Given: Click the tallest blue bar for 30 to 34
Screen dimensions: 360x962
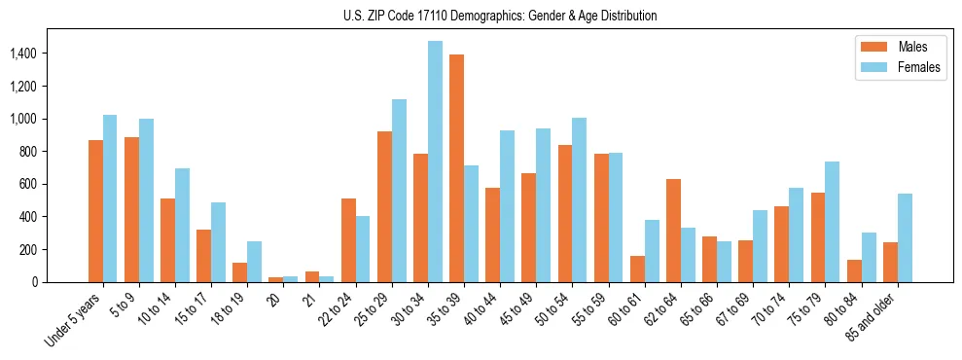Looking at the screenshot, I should pyautogui.click(x=435, y=162).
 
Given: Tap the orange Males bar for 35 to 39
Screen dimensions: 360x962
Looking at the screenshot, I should pyautogui.click(x=456, y=168).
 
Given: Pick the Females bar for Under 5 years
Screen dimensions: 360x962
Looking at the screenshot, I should pyautogui.click(x=110, y=198).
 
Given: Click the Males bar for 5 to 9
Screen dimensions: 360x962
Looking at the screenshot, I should pyautogui.click(x=131, y=209).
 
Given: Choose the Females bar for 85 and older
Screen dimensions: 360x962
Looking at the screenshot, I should pyautogui.click(x=904, y=237).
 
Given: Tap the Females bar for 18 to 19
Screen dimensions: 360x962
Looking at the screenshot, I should pyautogui.click(x=254, y=262).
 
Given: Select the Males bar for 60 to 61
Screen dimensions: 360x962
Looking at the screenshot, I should pyautogui.click(x=637, y=269).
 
